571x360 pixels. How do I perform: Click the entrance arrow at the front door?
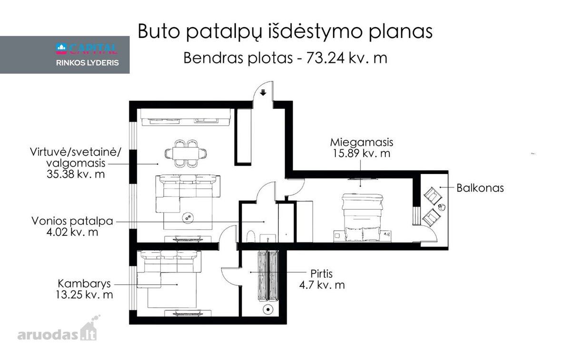pos(263,92)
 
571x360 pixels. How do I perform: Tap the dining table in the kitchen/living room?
pos(186,154)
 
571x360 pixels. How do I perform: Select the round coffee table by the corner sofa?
pos(187,218)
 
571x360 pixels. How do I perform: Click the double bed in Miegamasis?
pos(362,217)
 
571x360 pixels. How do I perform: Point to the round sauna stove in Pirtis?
pos(268,310)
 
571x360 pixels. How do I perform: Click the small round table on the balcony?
pos(442,207)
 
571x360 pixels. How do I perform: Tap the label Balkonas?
pos(480,188)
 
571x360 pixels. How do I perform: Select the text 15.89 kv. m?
pos(362,154)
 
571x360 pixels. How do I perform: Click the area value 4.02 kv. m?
pos(72,232)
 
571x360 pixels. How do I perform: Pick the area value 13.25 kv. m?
pos(84,295)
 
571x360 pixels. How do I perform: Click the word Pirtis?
pos(322,274)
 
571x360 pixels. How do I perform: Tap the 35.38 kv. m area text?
pos(76,174)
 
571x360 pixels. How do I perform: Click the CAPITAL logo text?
pos(87,49)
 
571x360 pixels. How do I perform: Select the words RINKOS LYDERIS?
pos(88,63)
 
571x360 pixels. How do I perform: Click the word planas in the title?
pos(401,32)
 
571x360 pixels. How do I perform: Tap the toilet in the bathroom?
pos(251,236)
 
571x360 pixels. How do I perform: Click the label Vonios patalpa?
pos(72,221)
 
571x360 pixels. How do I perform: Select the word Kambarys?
pos(84,283)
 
